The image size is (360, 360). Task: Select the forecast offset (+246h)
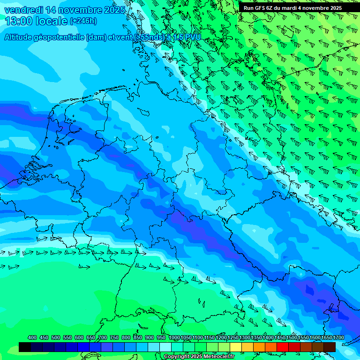coord(83,21)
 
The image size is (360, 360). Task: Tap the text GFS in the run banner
coord(266,8)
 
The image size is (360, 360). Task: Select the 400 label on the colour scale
coord(32,337)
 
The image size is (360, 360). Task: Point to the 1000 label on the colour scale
coord(174,337)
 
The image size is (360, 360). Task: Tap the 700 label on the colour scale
coord(103,337)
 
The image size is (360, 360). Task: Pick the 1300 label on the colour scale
coord(244,337)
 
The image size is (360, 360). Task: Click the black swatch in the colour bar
coord(25,347)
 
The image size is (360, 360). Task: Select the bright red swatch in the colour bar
coord(283,347)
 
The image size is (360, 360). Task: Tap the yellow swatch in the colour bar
coord(236,347)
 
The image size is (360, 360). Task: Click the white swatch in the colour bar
coord(165,347)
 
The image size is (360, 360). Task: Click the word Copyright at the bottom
coord(177,357)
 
